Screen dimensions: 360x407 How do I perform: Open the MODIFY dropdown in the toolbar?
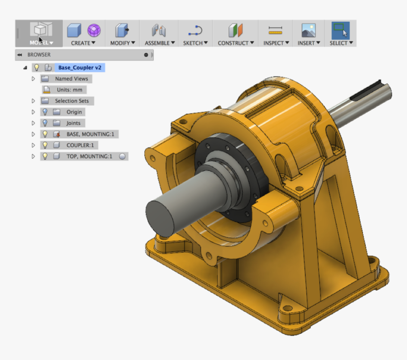click(123, 43)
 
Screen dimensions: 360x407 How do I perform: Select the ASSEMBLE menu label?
click(160, 43)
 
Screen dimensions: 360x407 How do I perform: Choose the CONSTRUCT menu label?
click(236, 43)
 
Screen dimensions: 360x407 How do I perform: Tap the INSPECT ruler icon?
click(275, 30)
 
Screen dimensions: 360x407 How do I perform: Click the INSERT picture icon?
click(309, 30)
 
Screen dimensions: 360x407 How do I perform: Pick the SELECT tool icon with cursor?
click(340, 30)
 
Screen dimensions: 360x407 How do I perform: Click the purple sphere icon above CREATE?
click(94, 31)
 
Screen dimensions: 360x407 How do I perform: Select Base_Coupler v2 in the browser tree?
click(80, 68)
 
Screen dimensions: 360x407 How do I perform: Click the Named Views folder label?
click(71, 79)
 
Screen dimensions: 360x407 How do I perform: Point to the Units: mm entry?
click(69, 90)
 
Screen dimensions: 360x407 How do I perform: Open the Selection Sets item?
click(72, 101)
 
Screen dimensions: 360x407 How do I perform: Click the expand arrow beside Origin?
click(33, 112)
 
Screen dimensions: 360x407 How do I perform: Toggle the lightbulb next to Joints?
click(45, 123)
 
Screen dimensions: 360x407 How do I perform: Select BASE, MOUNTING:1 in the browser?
click(90, 134)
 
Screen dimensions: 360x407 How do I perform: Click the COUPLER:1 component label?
click(80, 145)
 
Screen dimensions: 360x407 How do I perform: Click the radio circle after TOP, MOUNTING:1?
click(122, 157)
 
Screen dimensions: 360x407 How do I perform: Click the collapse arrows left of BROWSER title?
click(20, 55)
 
